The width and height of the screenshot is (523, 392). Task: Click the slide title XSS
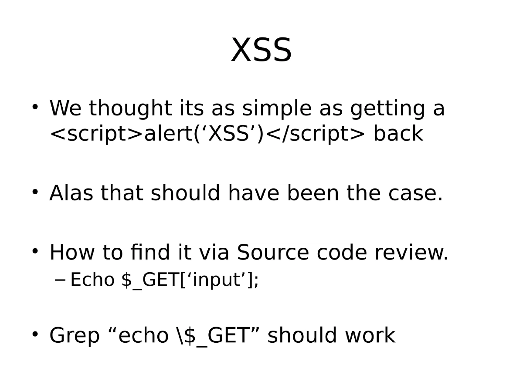(x=261, y=51)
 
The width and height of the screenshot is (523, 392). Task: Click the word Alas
(x=71, y=193)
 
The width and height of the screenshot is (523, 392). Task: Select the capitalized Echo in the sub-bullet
(x=92, y=280)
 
